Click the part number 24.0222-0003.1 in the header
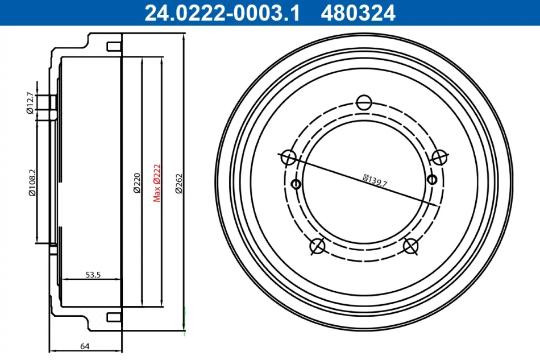tap(222, 13)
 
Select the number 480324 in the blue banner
tap(358, 13)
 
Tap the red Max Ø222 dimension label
tap(157, 183)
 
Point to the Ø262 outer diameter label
tap(179, 184)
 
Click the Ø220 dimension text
tap(137, 183)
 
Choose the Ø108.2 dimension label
tap(32, 183)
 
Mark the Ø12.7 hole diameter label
tap(30, 103)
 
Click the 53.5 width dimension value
tap(93, 275)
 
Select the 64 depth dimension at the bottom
tap(85, 346)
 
